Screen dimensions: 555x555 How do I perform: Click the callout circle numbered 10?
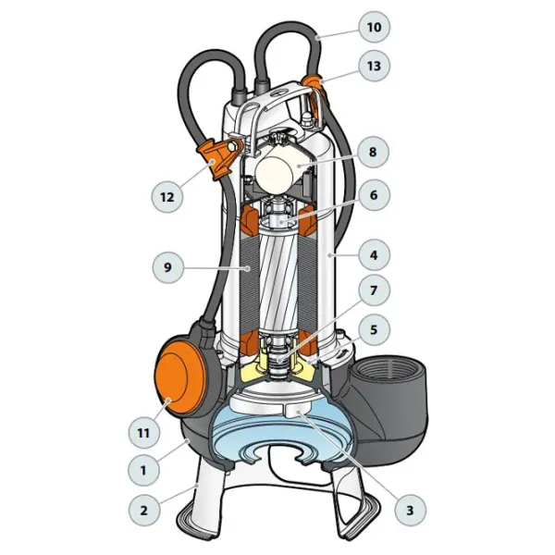[x=374, y=27]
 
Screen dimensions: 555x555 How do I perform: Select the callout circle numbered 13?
[x=374, y=66]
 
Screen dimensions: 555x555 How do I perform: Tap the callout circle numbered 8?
[x=373, y=153]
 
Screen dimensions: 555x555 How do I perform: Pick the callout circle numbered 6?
[x=374, y=195]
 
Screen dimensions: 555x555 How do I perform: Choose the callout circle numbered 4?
[x=374, y=255]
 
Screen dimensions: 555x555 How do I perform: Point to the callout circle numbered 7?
[x=374, y=291]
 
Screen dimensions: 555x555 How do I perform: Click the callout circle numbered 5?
[x=374, y=330]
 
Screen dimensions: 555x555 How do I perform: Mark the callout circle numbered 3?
[x=410, y=510]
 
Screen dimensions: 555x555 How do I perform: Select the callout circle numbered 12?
[x=167, y=197]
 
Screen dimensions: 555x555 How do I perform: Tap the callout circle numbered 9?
[x=168, y=267]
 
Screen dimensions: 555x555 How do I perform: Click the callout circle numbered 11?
[x=143, y=433]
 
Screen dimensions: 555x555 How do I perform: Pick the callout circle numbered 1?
[x=143, y=471]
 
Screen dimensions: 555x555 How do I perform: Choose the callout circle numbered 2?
[x=143, y=511]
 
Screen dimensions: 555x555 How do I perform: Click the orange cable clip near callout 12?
[x=218, y=157]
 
